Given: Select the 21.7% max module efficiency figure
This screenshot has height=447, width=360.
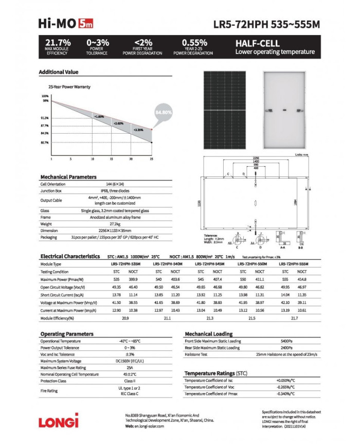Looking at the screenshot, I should [x=58, y=42].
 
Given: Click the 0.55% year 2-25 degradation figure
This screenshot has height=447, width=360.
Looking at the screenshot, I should [x=194, y=42].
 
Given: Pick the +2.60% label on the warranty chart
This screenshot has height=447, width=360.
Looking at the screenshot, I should [x=118, y=123].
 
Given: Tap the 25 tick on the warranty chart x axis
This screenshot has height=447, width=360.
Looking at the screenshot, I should [x=151, y=159].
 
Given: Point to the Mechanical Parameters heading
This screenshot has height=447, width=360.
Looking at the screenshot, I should [x=68, y=176].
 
